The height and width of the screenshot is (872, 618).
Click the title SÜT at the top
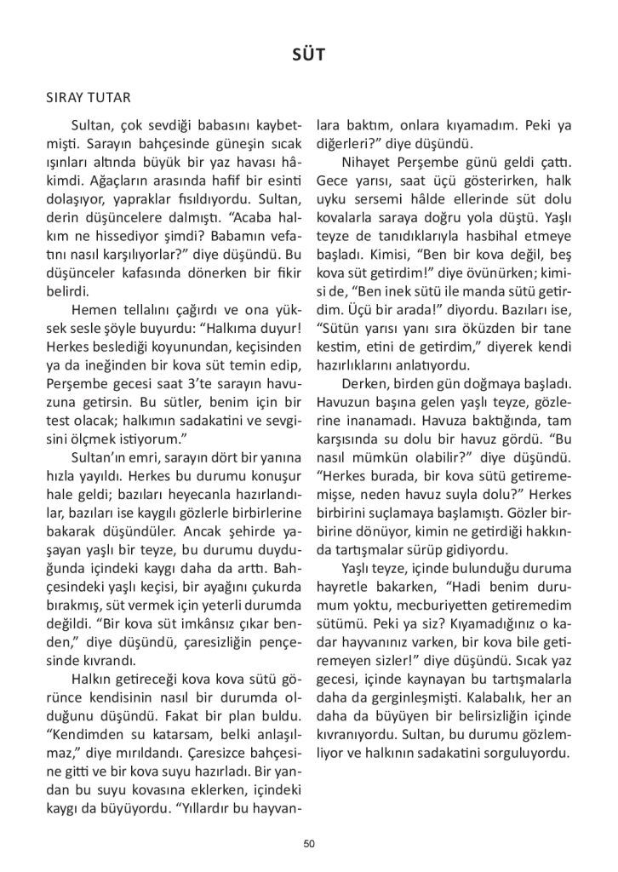pyautogui.click(x=308, y=56)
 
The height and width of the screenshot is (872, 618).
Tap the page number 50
pyautogui.click(x=309, y=844)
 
